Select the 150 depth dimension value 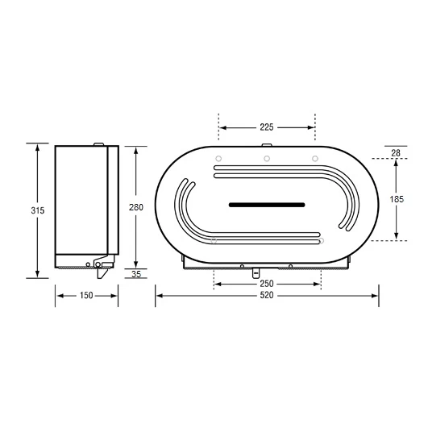pyautogui.click(x=86, y=296)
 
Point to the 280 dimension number pyautogui.click(x=136, y=207)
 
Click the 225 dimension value pyautogui.click(x=267, y=127)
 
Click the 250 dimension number pyautogui.click(x=267, y=284)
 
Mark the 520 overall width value pyautogui.click(x=267, y=296)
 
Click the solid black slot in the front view pyautogui.click(x=267, y=205)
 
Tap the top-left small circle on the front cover pyautogui.click(x=218, y=156)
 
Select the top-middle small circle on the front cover pyautogui.click(x=267, y=156)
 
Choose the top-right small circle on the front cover pyautogui.click(x=315, y=156)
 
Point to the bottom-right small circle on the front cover pyautogui.click(x=321, y=240)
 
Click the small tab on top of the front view pyautogui.click(x=267, y=143)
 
